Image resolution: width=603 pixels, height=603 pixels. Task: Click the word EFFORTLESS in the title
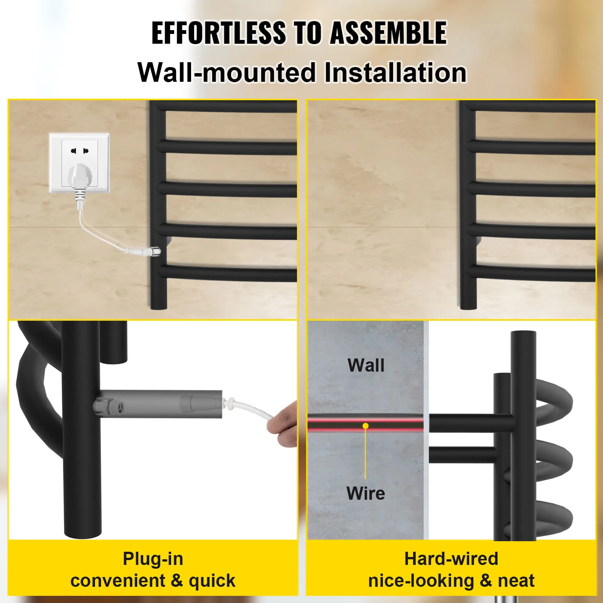(219, 33)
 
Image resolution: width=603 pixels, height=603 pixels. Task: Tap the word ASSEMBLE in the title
(388, 33)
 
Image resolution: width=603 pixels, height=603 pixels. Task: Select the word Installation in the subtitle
(395, 72)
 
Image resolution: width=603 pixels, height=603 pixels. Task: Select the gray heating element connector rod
(158, 404)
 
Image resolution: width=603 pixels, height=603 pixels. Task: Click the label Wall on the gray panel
(366, 365)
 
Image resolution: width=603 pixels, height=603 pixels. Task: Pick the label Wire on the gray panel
(366, 493)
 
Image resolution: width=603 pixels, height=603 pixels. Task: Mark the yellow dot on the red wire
(366, 426)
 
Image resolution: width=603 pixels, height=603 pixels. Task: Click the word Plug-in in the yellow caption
(153, 559)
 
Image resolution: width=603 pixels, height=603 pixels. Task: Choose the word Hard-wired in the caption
(451, 559)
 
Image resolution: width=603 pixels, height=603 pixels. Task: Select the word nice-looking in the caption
(421, 581)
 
